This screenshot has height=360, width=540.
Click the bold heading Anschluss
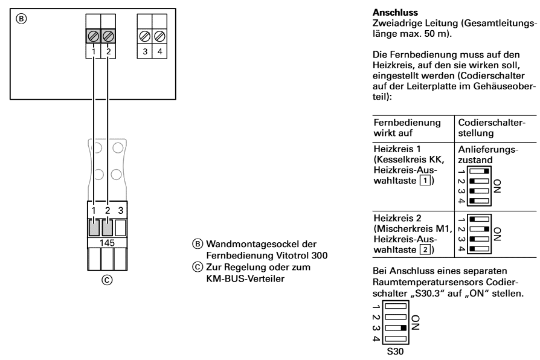[395, 13]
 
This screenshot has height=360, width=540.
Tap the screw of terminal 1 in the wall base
[94, 36]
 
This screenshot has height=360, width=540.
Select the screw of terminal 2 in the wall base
[108, 36]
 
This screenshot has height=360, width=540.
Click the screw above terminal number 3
[144, 36]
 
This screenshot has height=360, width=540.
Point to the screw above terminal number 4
[159, 36]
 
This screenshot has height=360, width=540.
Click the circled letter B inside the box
[21, 19]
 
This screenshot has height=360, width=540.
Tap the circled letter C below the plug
[107, 280]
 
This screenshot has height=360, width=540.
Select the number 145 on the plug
[107, 243]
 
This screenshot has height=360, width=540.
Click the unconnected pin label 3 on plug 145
[121, 210]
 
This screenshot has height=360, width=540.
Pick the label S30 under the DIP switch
[395, 352]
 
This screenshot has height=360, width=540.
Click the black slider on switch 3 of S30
[403, 328]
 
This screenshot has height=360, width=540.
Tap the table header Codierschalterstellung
[492, 128]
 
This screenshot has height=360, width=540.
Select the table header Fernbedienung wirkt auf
[407, 128]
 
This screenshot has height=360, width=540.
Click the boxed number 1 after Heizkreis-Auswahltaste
[425, 181]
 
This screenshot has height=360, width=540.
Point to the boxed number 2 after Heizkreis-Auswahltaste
[425, 249]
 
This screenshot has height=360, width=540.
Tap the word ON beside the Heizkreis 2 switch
[497, 234]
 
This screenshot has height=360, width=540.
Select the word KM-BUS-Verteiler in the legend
[245, 278]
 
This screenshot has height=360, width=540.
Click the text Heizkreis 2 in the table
[397, 218]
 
